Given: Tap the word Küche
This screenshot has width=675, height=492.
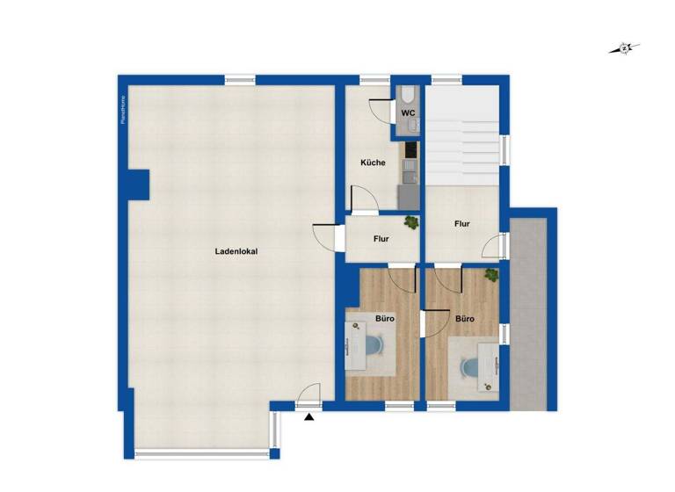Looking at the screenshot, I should pyautogui.click(x=373, y=163).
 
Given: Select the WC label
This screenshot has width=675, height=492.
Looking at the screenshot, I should pyautogui.click(x=409, y=113).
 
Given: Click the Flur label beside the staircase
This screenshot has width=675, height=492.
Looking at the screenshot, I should pyautogui.click(x=462, y=224).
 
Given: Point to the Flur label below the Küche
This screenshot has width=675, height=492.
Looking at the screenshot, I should pyautogui.click(x=381, y=238).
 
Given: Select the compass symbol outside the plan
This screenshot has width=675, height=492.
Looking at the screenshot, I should pyautogui.click(x=624, y=49).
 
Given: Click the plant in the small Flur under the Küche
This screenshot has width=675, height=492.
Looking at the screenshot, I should pyautogui.click(x=410, y=223).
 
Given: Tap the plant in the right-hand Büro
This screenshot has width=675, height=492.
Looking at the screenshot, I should pyautogui.click(x=491, y=275).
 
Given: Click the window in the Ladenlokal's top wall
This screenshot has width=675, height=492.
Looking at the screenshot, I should pyautogui.click(x=240, y=80).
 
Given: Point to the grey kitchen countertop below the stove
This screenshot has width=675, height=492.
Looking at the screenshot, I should pyautogui.click(x=410, y=194).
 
